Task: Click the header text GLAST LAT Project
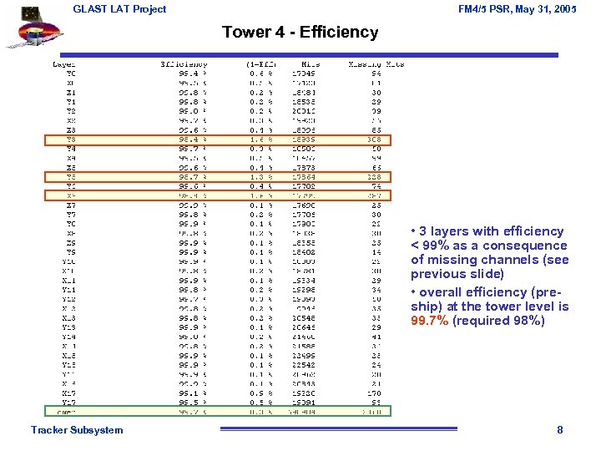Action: pyautogui.click(x=119, y=9)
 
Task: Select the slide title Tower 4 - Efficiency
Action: pyautogui.click(x=300, y=33)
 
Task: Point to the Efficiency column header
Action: pyautogui.click(x=184, y=64)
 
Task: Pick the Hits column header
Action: pyautogui.click(x=310, y=64)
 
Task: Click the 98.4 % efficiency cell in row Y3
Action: pyautogui.click(x=190, y=139)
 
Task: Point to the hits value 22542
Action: pyautogui.click(x=305, y=365)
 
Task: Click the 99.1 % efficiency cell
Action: pyautogui.click(x=190, y=393)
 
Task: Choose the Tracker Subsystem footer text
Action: pyautogui.click(x=77, y=430)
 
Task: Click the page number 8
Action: pyautogui.click(x=560, y=430)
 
